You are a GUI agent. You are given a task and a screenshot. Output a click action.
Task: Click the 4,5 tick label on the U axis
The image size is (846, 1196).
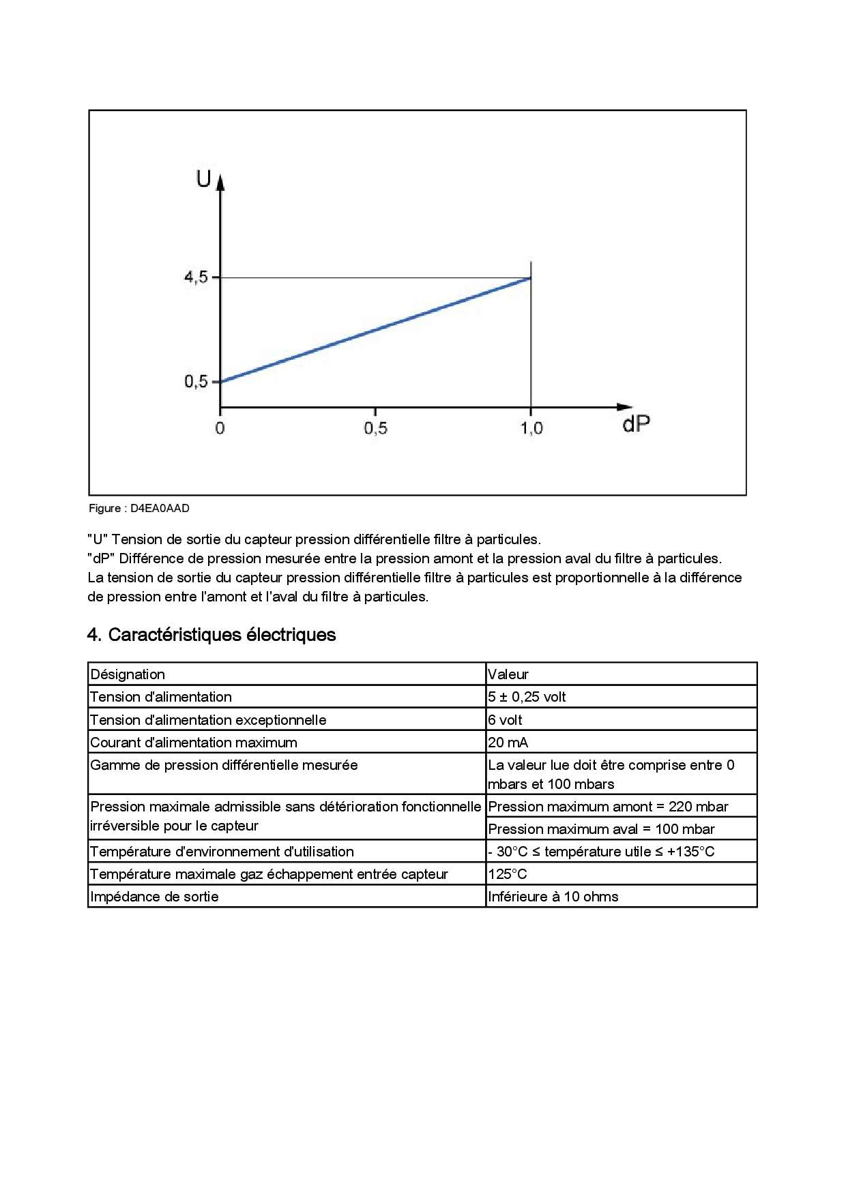coord(196,278)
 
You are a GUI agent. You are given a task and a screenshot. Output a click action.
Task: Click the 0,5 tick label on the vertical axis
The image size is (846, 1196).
coord(196,381)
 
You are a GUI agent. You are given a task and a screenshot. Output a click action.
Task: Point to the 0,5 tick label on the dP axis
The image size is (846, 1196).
coord(375,428)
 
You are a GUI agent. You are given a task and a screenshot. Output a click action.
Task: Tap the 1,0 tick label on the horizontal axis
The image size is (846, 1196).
coord(531,428)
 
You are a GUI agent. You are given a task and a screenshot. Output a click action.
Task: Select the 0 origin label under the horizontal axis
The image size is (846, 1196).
coord(220,428)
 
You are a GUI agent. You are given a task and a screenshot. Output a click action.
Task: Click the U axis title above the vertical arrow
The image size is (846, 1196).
coord(203,179)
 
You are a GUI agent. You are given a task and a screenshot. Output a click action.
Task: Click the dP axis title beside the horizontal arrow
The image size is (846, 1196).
coord(636,424)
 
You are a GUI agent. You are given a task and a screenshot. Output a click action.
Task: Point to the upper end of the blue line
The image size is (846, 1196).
coord(530,278)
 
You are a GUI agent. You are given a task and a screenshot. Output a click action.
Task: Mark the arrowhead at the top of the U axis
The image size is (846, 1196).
coord(220,181)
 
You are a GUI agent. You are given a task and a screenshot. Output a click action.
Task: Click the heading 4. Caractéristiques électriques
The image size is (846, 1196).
coord(211,635)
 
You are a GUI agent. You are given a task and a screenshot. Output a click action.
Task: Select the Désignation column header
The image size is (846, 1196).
coord(128,674)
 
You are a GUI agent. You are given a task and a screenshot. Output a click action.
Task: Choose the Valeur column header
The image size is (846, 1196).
coord(508,674)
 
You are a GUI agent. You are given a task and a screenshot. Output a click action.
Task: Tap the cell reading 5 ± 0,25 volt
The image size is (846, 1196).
coord(527,697)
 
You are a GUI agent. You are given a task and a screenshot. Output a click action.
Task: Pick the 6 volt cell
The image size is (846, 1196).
coord(505,720)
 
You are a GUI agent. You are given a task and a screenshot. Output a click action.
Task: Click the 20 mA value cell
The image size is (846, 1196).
coord(508,743)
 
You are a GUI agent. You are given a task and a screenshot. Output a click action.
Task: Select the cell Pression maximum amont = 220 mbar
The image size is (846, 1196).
coord(608,807)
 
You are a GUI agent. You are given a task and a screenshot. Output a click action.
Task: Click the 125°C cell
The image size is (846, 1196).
coord(508,874)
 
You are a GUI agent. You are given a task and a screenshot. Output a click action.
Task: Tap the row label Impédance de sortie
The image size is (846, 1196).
coord(154,897)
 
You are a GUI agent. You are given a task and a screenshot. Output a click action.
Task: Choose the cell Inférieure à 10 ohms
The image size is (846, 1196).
coord(553,897)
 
